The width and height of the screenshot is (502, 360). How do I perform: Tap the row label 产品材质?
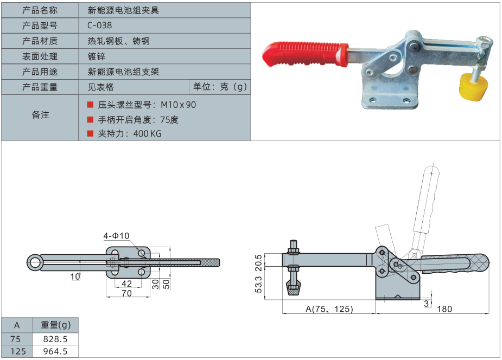coord(40,41)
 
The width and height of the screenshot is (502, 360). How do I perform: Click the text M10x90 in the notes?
coord(179,105)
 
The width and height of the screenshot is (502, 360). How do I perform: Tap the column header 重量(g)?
coord(56,325)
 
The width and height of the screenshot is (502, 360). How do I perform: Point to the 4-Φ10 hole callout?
coord(116,236)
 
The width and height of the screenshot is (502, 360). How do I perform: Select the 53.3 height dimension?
coord(258,284)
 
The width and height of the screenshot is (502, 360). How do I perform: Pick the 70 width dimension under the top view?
coord(126,293)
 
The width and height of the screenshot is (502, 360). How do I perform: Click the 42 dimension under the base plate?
coord(126,284)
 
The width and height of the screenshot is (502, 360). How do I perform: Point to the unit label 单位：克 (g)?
coord(220,87)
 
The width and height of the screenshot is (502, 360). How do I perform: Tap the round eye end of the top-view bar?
coord(35,263)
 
